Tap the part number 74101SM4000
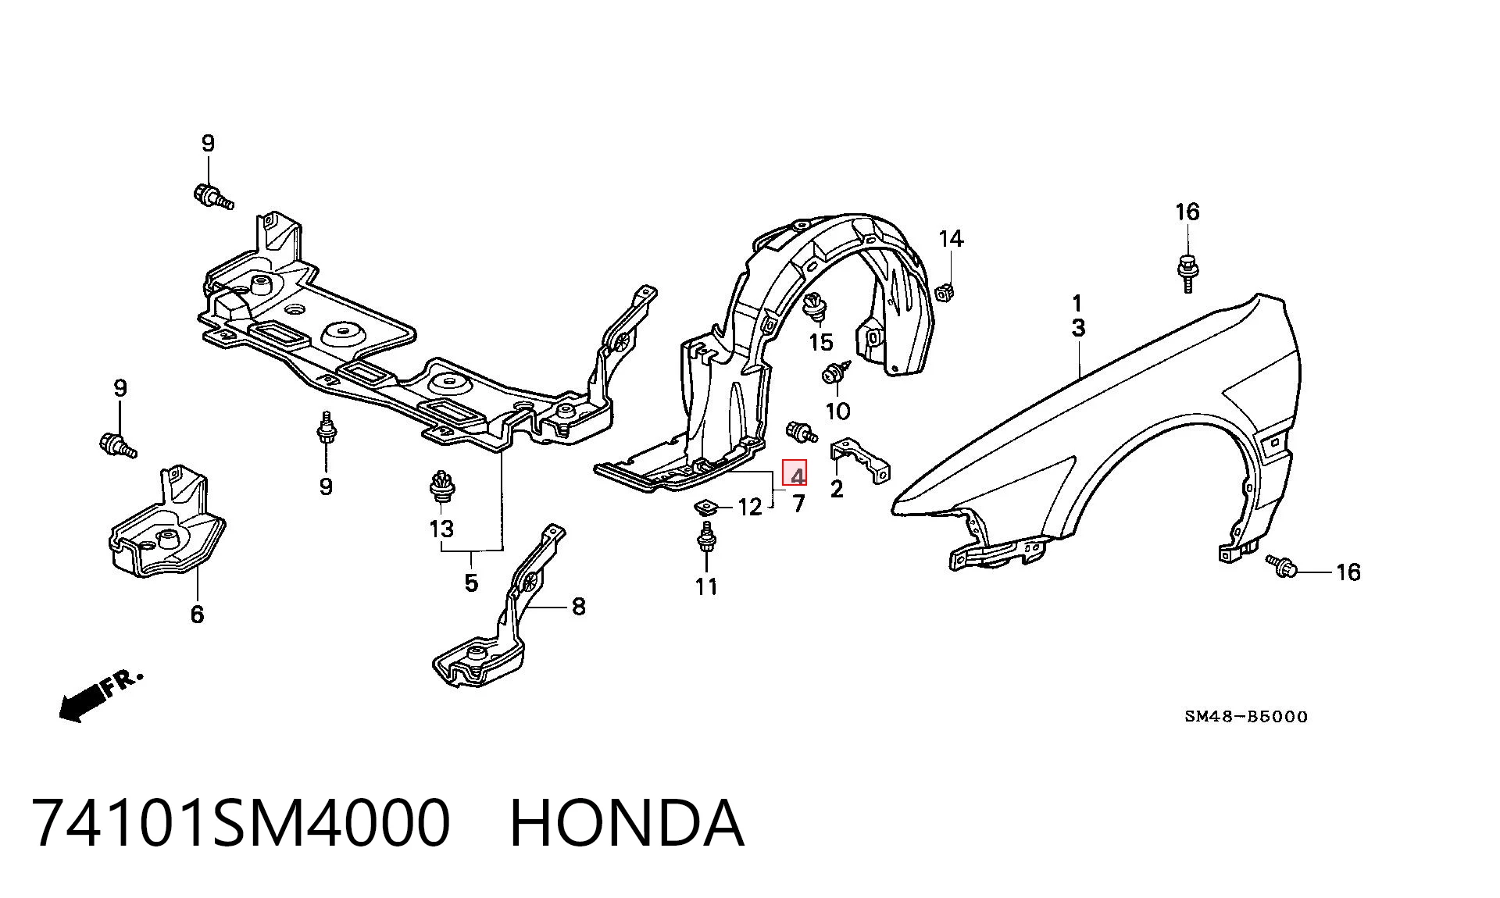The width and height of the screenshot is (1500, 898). (x=241, y=822)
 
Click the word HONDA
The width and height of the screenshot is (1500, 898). (x=627, y=822)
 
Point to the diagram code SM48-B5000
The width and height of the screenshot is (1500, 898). (x=1245, y=716)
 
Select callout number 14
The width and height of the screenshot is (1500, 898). (x=951, y=238)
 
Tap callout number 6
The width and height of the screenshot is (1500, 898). (x=197, y=615)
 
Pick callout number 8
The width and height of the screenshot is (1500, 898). (x=578, y=606)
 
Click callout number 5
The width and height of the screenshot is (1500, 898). (x=470, y=583)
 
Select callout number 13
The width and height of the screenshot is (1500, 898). (x=441, y=529)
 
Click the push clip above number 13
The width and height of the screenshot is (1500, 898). (x=442, y=489)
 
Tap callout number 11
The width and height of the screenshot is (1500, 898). (x=706, y=586)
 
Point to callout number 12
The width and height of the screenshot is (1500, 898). (x=749, y=508)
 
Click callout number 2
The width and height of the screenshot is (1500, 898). (x=837, y=490)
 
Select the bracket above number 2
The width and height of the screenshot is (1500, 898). (x=859, y=460)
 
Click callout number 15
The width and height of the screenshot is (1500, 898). (x=821, y=342)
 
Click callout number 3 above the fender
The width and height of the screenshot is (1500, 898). (x=1078, y=328)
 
